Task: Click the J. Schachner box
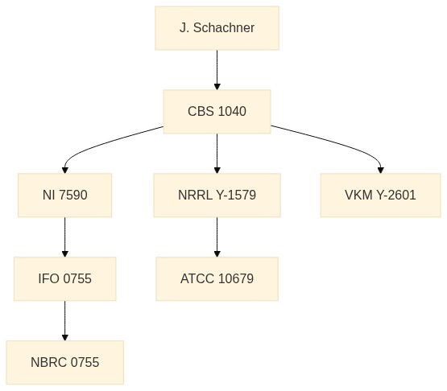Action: (217, 28)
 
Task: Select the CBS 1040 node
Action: (217, 111)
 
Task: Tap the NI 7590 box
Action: (64, 195)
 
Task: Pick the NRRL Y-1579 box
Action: (217, 195)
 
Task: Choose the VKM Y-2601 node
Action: (380, 195)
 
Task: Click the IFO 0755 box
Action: (64, 279)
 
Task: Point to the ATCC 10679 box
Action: (217, 279)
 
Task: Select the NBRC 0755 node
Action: (64, 362)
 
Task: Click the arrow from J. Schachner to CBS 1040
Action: (217, 70)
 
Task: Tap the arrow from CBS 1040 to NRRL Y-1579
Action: (217, 154)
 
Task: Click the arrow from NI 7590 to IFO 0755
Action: (64, 237)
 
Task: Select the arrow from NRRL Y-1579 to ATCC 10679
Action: (217, 237)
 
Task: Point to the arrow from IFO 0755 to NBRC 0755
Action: (64, 321)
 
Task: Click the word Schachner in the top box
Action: (224, 28)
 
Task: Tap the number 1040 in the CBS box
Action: (232, 111)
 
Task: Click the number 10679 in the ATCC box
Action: (236, 279)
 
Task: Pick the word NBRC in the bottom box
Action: (49, 362)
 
